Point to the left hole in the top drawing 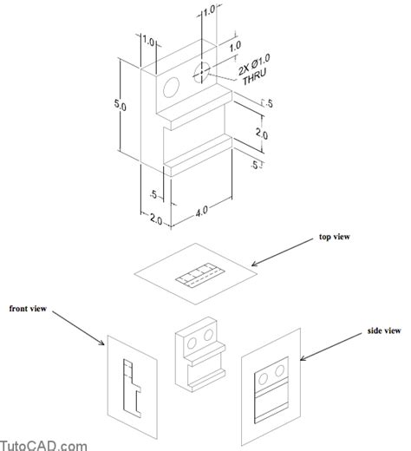(171, 85)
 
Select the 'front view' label (29, 308)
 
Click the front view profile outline (130, 384)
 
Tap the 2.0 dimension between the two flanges (261, 135)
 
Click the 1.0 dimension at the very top (208, 10)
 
